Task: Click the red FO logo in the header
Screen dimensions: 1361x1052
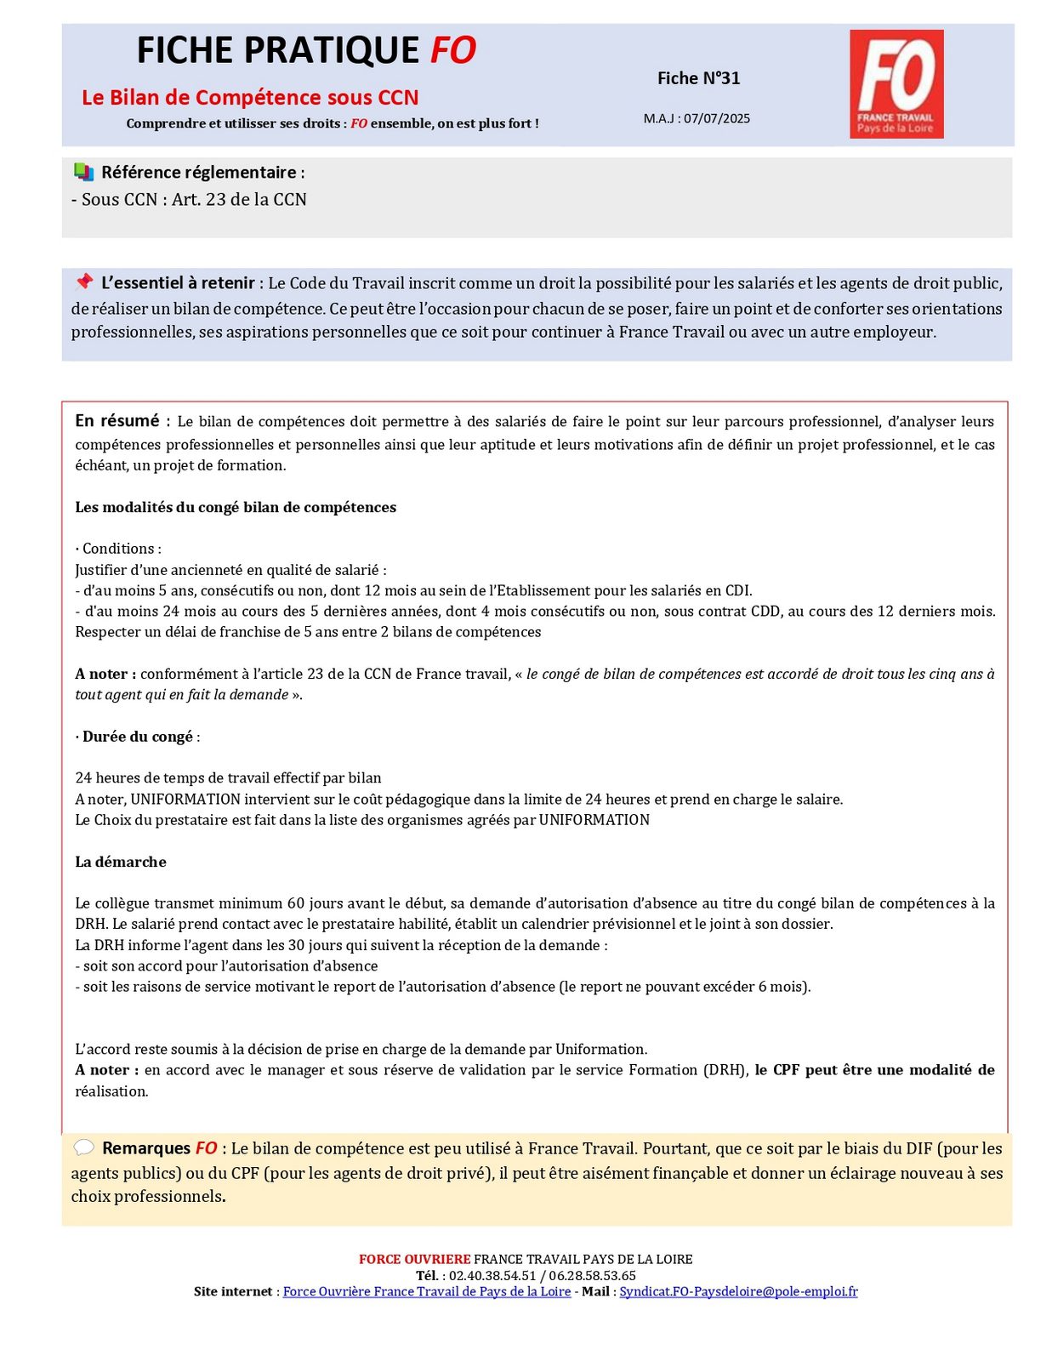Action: coord(896,83)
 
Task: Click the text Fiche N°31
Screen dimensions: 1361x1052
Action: coord(698,78)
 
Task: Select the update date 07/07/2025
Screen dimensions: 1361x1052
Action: coord(717,118)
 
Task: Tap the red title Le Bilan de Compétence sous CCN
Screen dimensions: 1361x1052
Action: coord(250,97)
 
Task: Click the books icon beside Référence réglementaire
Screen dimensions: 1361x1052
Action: coord(83,172)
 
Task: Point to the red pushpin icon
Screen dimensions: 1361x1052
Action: coord(83,282)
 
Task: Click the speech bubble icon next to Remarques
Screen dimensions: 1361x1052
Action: coord(83,1147)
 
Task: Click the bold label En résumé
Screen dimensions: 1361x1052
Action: coord(117,420)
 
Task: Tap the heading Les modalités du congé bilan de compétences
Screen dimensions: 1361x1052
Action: coord(236,507)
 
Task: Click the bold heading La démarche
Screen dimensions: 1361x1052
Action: coord(121,862)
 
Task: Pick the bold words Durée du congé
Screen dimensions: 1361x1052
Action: coord(138,737)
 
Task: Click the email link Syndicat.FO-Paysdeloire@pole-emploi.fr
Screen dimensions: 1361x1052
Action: coord(738,1291)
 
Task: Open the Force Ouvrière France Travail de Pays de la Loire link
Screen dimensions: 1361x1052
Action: coord(426,1291)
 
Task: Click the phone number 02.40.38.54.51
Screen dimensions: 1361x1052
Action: coord(492,1275)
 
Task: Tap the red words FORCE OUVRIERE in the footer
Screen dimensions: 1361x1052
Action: coord(414,1259)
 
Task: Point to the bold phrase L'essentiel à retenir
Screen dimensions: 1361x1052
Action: coord(178,283)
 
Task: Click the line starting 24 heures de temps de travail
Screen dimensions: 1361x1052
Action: coord(228,777)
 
